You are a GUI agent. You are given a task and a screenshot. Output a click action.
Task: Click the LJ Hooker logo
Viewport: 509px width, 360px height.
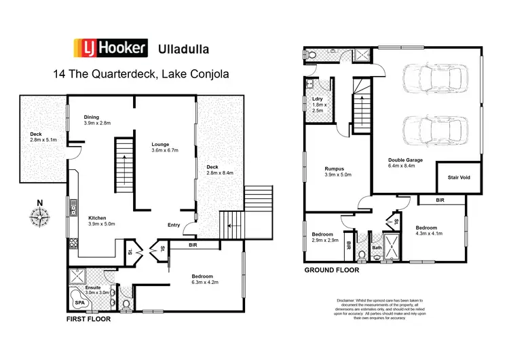(110, 48)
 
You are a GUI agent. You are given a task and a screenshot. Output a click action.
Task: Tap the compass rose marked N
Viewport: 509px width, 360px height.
(40, 216)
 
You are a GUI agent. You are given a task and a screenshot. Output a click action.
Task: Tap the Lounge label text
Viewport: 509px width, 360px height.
(160, 144)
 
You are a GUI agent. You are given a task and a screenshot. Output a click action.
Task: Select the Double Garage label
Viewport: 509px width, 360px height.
(405, 160)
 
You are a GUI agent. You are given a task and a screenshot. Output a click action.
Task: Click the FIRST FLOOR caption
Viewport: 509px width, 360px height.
(88, 318)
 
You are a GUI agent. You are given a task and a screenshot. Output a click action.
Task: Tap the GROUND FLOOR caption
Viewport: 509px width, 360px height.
(332, 269)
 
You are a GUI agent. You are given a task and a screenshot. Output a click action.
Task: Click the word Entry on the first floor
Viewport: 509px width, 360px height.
(174, 226)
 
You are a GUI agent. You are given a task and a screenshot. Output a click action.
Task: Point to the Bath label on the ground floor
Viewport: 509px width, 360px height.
(377, 249)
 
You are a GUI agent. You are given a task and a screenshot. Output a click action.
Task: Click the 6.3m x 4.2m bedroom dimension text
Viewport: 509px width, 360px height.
(202, 283)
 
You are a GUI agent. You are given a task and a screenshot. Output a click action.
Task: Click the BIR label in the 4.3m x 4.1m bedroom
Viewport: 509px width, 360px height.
(440, 200)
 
